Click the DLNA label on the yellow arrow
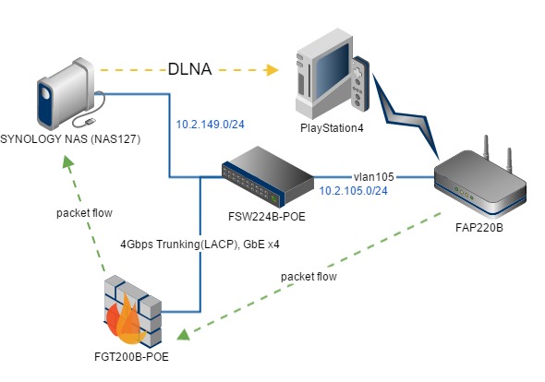coord(189,69)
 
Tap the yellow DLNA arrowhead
coord(272,70)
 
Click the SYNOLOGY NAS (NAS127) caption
coord(70,139)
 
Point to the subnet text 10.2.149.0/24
coord(210,124)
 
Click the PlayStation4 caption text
coord(332,128)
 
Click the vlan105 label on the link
coord(373,177)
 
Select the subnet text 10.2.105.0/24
coord(353,191)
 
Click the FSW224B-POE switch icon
coord(268,177)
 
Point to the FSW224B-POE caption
coord(267,216)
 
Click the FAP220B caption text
coord(479,228)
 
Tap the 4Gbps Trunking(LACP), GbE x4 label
coord(200,245)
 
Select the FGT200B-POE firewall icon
coord(133,311)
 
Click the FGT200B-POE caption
coord(131,357)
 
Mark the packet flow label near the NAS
coord(84,213)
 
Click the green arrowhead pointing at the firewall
coord(184,334)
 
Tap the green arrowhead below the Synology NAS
coord(67,161)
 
